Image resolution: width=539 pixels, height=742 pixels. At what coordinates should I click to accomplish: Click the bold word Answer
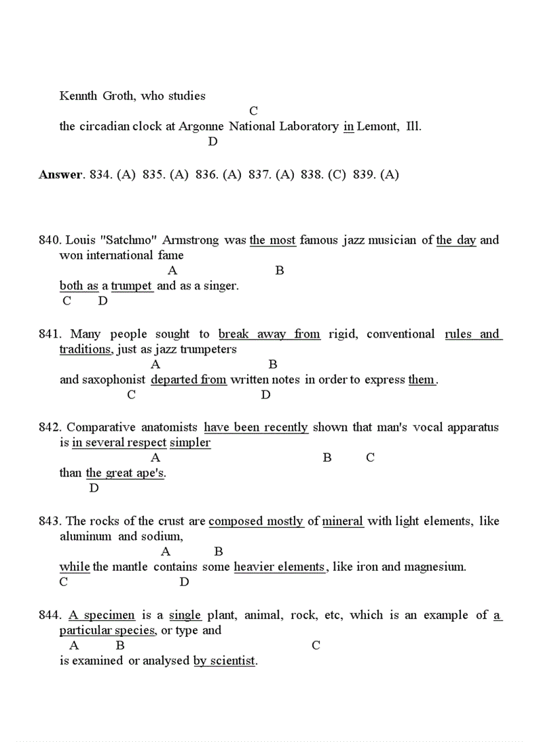61,175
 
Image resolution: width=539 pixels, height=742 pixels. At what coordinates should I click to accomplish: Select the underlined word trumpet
132,286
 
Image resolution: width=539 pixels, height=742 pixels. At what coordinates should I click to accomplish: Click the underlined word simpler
190,443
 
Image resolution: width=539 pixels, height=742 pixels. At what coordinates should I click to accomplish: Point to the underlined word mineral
343,521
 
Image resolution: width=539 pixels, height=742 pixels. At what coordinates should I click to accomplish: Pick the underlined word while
75,567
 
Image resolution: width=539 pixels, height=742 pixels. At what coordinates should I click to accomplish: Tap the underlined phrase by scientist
224,661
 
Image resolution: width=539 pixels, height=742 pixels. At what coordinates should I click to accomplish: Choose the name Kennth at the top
79,96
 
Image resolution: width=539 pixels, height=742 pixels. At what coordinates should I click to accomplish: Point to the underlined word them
421,380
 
